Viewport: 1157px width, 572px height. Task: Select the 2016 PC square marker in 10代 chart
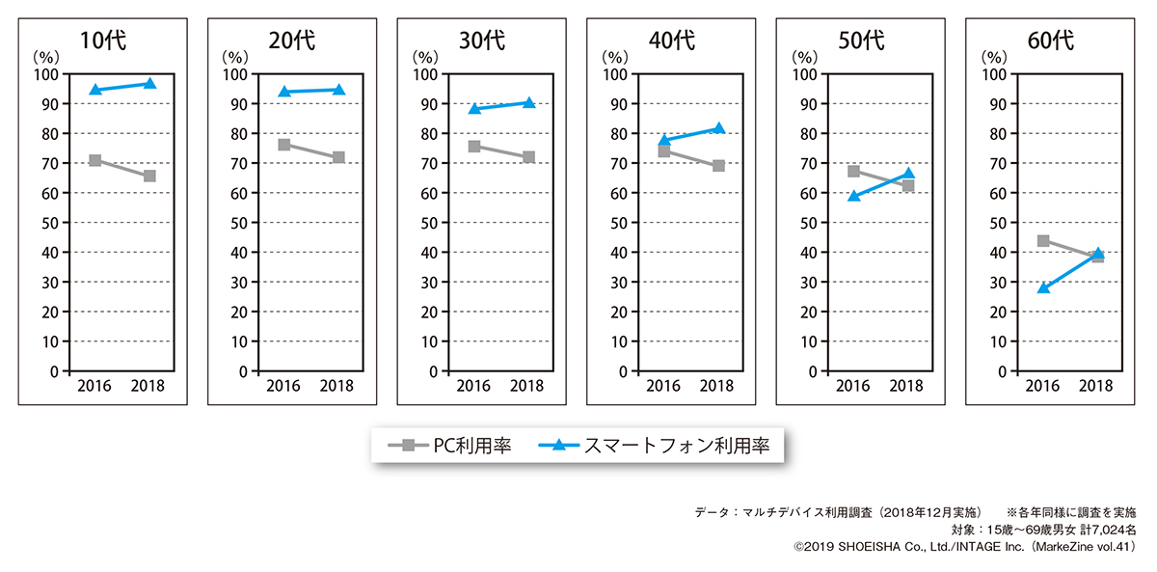[95, 160]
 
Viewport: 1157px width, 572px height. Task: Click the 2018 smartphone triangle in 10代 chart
[149, 84]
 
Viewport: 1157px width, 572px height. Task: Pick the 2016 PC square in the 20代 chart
[284, 145]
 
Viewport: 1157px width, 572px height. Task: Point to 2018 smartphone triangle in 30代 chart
[529, 102]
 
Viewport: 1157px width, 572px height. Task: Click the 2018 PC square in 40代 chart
[718, 166]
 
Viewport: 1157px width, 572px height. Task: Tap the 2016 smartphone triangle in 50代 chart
[853, 196]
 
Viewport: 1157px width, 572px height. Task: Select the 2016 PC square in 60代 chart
[1043, 241]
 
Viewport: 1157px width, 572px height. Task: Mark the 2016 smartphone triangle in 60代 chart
[1043, 287]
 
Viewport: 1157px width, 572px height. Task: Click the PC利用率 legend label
[472, 446]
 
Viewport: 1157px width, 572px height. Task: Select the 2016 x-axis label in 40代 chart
[663, 387]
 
